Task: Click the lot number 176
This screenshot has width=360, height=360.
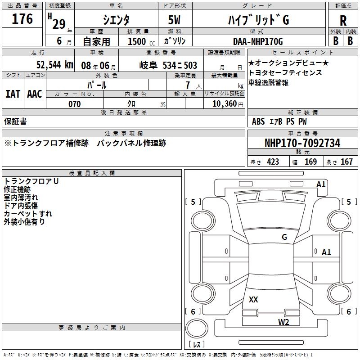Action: (22, 19)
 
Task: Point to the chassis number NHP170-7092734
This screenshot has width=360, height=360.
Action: (302, 144)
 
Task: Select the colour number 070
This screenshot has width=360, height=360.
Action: (74, 104)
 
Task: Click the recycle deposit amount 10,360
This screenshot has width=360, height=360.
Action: (224, 104)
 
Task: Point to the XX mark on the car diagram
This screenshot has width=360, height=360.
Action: (253, 299)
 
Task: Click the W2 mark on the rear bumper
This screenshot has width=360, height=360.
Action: (283, 322)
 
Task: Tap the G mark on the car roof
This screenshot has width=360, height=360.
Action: (284, 237)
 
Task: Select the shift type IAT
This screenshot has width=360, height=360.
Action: (13, 94)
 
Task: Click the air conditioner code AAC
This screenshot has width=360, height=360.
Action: (34, 94)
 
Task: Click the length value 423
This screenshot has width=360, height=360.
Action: (273, 162)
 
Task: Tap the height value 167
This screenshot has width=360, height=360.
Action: (346, 162)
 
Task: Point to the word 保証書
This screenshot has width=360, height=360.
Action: (15, 121)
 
